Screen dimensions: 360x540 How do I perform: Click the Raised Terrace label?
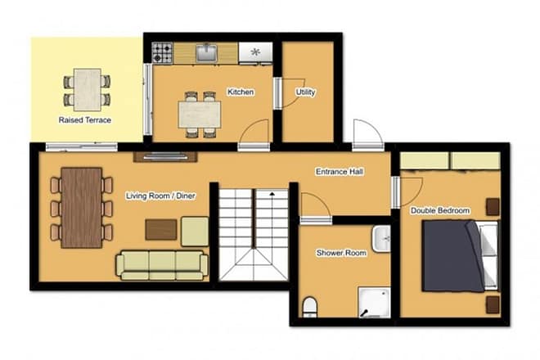point(85,120)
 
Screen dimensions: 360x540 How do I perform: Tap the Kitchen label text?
point(241,92)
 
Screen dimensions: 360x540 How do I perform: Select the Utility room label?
point(306,92)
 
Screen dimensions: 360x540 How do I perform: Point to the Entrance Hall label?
point(340,173)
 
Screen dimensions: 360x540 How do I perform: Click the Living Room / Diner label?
point(160,196)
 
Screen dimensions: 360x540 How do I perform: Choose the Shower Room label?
point(341,254)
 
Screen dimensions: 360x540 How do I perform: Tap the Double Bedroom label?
point(440,211)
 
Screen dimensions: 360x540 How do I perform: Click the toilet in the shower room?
point(310,306)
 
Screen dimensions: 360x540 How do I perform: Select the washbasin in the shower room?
point(382,239)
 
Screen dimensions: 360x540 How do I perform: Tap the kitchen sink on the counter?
point(206,53)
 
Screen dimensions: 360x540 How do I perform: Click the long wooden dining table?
point(81,208)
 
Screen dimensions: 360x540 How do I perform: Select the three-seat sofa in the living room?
point(162,263)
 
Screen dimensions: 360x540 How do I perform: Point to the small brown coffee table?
point(161,230)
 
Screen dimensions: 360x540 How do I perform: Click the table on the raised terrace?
point(87,89)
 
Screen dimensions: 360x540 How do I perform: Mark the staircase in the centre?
point(254,233)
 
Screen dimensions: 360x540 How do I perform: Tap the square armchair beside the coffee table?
point(195,232)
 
